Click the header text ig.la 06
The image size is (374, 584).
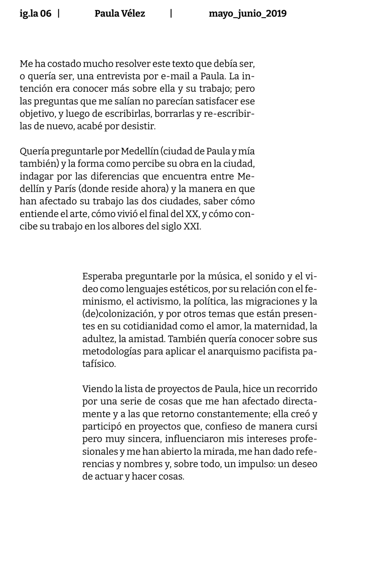(x=36, y=14)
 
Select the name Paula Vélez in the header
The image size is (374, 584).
(x=120, y=14)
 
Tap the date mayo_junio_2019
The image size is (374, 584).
(x=248, y=14)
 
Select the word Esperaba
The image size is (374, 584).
(x=102, y=277)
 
